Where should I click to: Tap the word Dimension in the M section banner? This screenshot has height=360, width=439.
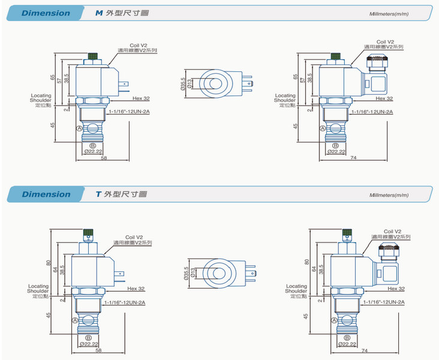click(x=46, y=13)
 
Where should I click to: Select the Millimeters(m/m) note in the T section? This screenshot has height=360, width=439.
click(x=388, y=195)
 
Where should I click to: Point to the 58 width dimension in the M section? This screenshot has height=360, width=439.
click(x=104, y=158)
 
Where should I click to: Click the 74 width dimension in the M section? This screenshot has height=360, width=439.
click(x=353, y=158)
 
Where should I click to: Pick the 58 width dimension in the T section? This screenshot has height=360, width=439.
click(x=98, y=350)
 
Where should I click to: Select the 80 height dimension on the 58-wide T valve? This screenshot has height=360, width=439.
click(x=48, y=263)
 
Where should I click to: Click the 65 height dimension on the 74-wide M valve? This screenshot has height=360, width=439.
click(x=295, y=77)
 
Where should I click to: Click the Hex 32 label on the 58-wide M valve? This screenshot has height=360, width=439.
click(x=141, y=98)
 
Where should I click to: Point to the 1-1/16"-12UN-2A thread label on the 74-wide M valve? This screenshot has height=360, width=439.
click(x=372, y=112)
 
